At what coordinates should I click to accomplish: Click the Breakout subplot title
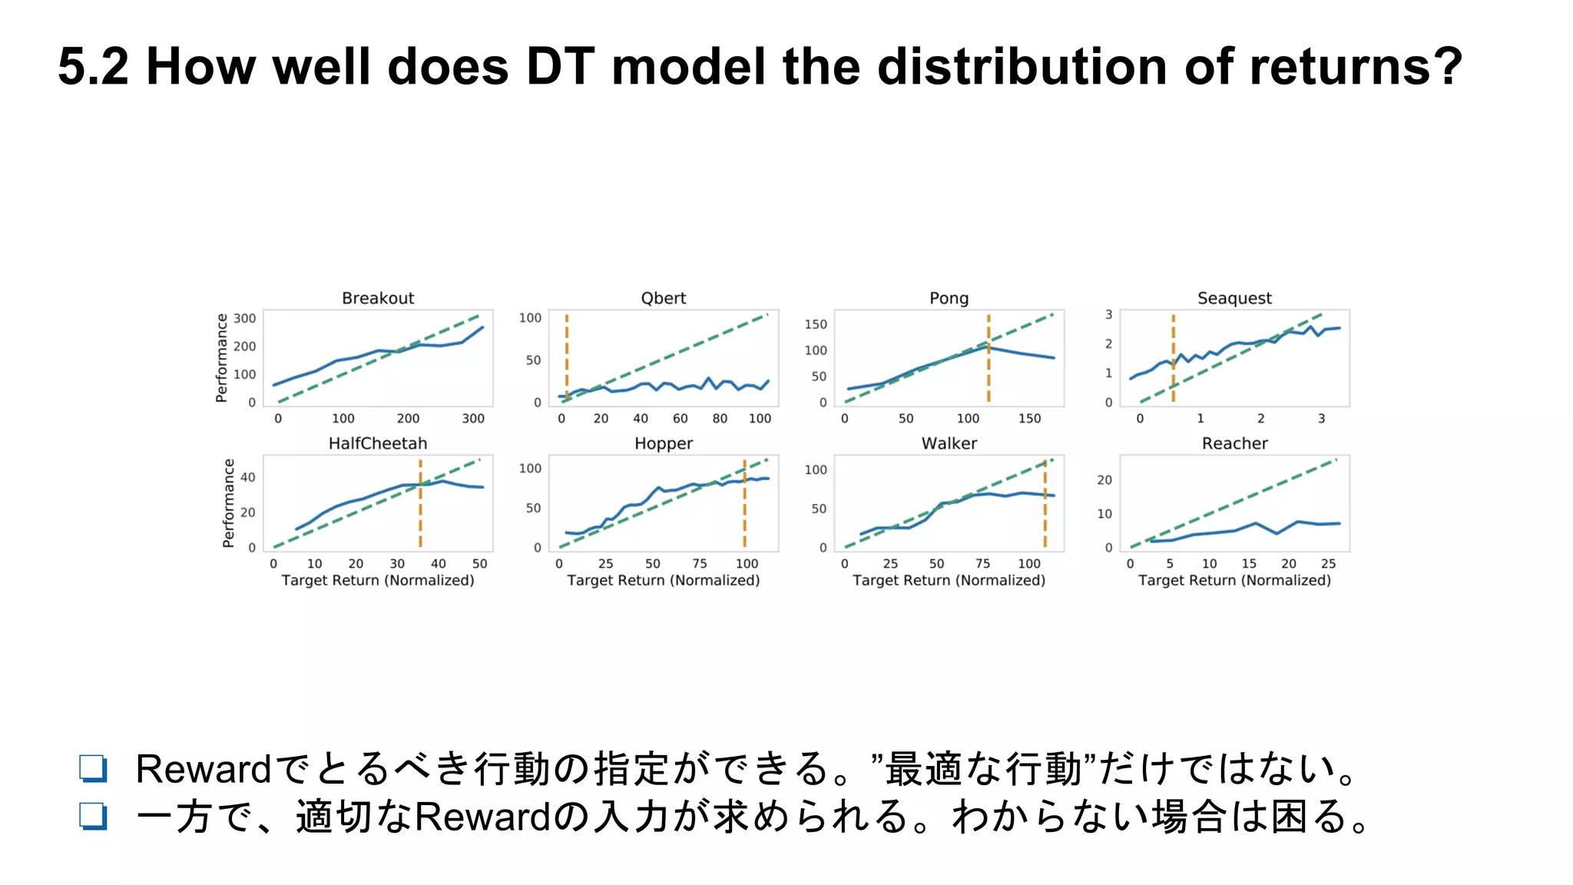377,298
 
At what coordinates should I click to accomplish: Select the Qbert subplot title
663,298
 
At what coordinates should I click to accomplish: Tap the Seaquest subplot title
1234,298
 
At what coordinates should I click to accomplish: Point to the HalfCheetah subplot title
377,443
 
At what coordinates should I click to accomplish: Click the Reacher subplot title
1234,443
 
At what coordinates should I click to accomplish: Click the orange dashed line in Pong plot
989,369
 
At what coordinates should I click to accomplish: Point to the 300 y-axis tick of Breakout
244,318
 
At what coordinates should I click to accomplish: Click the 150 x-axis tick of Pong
1029,419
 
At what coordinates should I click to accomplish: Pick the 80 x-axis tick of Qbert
720,419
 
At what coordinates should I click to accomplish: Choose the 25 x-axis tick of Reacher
1328,564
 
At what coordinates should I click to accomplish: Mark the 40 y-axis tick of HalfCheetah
247,477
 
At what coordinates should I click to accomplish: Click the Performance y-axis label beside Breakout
222,357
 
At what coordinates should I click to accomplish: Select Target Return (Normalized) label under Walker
949,581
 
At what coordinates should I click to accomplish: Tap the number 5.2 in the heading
93,66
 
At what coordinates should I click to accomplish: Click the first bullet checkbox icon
93,768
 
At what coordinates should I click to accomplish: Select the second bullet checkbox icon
93,816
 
